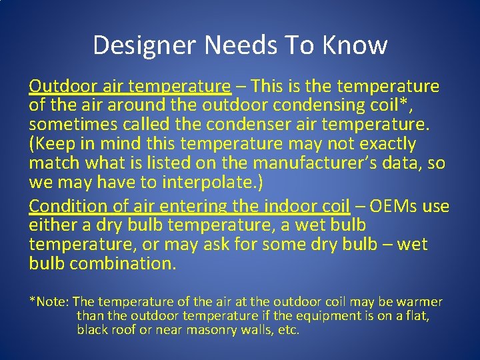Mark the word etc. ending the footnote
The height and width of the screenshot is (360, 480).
tap(287, 330)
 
